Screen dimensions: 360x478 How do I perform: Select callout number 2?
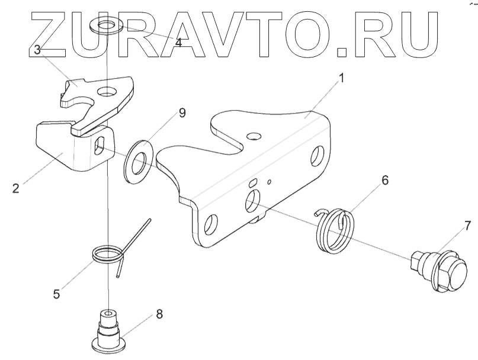pos(15,189)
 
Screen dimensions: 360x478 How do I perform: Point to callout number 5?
pos(56,293)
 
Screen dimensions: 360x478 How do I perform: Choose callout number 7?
pos(467,225)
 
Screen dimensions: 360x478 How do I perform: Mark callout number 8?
pos(159,314)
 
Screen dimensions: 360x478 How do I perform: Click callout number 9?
pos(182,112)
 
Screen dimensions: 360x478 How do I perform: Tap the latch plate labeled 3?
pos(101,98)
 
